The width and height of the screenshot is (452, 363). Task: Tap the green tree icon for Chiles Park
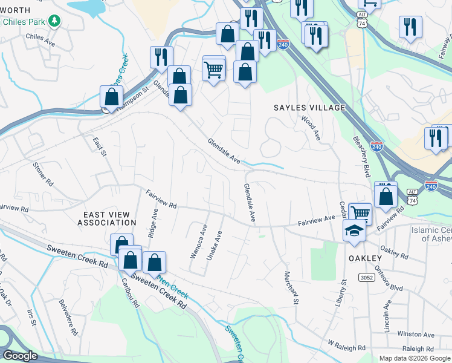point(54,21)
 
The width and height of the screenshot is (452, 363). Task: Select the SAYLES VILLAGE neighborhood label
point(309,108)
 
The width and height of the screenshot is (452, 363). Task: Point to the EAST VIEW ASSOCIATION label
point(107,218)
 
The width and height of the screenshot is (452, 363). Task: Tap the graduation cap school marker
point(354,230)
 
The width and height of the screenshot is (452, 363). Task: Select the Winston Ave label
point(415,334)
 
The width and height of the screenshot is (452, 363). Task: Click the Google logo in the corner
point(20,356)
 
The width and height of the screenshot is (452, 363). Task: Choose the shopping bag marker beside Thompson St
point(112,97)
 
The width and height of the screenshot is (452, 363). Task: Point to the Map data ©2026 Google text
point(414,358)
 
